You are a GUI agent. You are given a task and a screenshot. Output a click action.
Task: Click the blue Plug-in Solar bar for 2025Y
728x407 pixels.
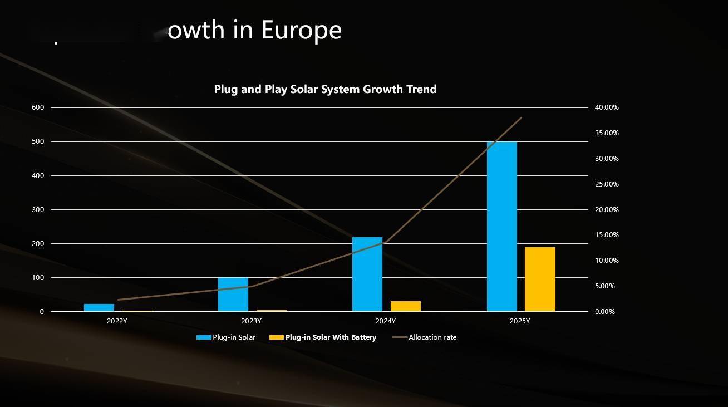coord(501,227)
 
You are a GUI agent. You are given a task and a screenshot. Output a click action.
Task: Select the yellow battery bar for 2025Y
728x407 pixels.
coord(540,279)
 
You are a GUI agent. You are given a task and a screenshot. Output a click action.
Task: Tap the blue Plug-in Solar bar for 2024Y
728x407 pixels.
coord(367,274)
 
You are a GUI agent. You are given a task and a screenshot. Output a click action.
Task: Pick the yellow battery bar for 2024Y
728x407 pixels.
coord(406,306)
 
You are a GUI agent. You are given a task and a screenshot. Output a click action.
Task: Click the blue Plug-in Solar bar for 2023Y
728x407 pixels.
coord(233,294)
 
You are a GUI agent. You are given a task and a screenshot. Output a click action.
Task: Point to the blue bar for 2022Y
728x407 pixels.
coord(99,307)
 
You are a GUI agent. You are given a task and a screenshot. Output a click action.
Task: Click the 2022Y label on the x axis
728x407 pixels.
coord(117,321)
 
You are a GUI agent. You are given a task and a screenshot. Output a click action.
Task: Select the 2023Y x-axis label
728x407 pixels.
coord(251,321)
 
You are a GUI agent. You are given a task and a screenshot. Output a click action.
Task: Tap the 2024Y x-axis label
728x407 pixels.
coord(385,321)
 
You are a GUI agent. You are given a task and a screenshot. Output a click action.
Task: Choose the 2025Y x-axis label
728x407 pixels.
coord(519,321)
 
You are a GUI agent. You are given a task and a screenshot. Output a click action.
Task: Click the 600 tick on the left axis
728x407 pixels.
coord(38,107)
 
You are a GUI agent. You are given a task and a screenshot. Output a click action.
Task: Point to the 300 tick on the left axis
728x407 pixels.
coord(38,210)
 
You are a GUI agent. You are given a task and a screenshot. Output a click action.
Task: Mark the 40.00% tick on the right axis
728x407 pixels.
coord(607,107)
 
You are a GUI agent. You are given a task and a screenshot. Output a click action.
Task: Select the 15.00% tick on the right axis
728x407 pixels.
coord(607,235)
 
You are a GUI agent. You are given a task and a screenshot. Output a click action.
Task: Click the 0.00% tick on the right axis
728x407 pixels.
coord(605,312)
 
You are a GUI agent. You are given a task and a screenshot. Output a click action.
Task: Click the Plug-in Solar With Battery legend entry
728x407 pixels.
coord(331,337)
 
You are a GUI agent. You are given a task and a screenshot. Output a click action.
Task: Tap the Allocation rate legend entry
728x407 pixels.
coord(432,337)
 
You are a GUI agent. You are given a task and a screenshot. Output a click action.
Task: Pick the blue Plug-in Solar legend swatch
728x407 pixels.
coord(204,337)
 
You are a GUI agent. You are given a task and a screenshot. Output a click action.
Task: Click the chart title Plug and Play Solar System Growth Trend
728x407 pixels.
coord(325,89)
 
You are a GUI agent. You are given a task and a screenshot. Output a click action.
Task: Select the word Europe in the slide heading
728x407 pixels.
coord(301,30)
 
